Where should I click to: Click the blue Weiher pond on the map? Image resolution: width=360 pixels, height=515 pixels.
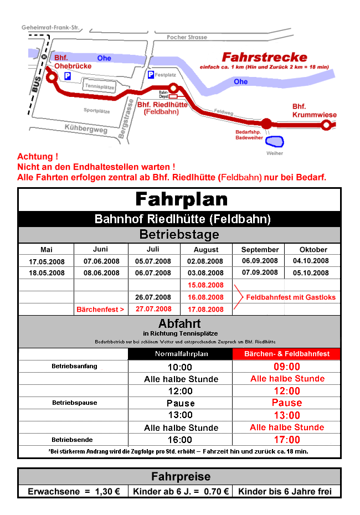[x=274, y=142]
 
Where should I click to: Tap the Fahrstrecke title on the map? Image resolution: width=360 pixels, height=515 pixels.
[x=264, y=57]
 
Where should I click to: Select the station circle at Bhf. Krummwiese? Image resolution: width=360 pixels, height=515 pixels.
[x=327, y=125]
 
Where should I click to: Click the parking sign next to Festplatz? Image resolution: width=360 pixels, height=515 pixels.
[x=150, y=74]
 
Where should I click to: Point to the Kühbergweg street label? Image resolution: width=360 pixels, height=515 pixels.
[x=85, y=128]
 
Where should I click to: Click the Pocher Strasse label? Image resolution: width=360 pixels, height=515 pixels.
[x=187, y=37]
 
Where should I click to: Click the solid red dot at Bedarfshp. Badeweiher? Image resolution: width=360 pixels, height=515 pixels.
[x=251, y=123]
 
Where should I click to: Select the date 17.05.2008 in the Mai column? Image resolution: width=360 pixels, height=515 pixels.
[x=47, y=261]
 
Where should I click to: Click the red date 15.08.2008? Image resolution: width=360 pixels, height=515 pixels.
[x=206, y=285]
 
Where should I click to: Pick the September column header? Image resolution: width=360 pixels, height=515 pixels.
[x=260, y=249]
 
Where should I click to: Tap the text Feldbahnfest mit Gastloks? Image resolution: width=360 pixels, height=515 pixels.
[x=291, y=297]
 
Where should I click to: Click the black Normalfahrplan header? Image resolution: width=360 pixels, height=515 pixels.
[x=180, y=354]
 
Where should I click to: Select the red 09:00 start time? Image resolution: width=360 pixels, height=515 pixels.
[x=287, y=367]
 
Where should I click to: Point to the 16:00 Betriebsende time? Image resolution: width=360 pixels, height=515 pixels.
[x=181, y=440]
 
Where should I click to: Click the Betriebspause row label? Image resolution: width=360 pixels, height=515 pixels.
[x=74, y=403]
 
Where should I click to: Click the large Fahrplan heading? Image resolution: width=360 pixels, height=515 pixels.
[x=181, y=199]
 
